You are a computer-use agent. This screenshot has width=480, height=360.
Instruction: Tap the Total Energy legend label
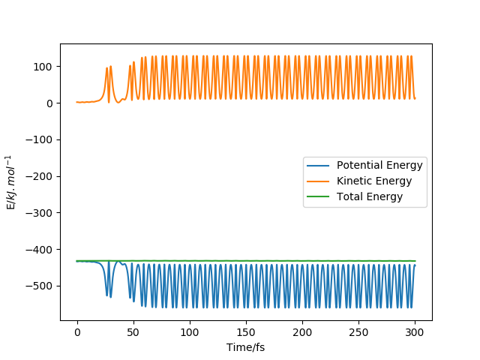click(370, 197)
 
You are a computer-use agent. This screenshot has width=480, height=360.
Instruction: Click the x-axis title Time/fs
click(246, 347)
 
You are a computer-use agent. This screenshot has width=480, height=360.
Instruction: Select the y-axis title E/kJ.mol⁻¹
click(11, 182)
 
